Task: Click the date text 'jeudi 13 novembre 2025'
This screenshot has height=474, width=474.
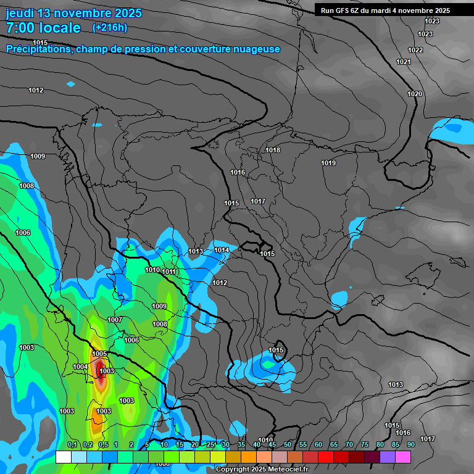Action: click(73, 13)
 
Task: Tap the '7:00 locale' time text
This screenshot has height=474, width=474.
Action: click(43, 28)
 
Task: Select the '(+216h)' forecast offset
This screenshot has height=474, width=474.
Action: click(110, 27)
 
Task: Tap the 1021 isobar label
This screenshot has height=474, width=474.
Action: click(403, 62)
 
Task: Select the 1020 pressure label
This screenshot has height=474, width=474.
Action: click(415, 94)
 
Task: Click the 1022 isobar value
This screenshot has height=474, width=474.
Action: click(415, 50)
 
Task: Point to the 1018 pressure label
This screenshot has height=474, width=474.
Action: click(273, 151)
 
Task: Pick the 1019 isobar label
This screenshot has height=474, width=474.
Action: click(328, 163)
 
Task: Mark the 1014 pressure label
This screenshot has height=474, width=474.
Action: click(222, 250)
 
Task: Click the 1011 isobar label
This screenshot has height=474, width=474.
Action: click(169, 272)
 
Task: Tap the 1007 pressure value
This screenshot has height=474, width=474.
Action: click(115, 320)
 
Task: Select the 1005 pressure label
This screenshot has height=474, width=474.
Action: click(100, 354)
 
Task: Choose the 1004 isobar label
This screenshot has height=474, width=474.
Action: click(80, 367)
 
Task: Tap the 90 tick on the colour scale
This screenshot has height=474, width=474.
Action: click(410, 444)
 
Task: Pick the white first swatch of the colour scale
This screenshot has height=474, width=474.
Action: click(63, 457)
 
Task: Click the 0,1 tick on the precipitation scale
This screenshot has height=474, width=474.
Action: click(72, 444)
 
